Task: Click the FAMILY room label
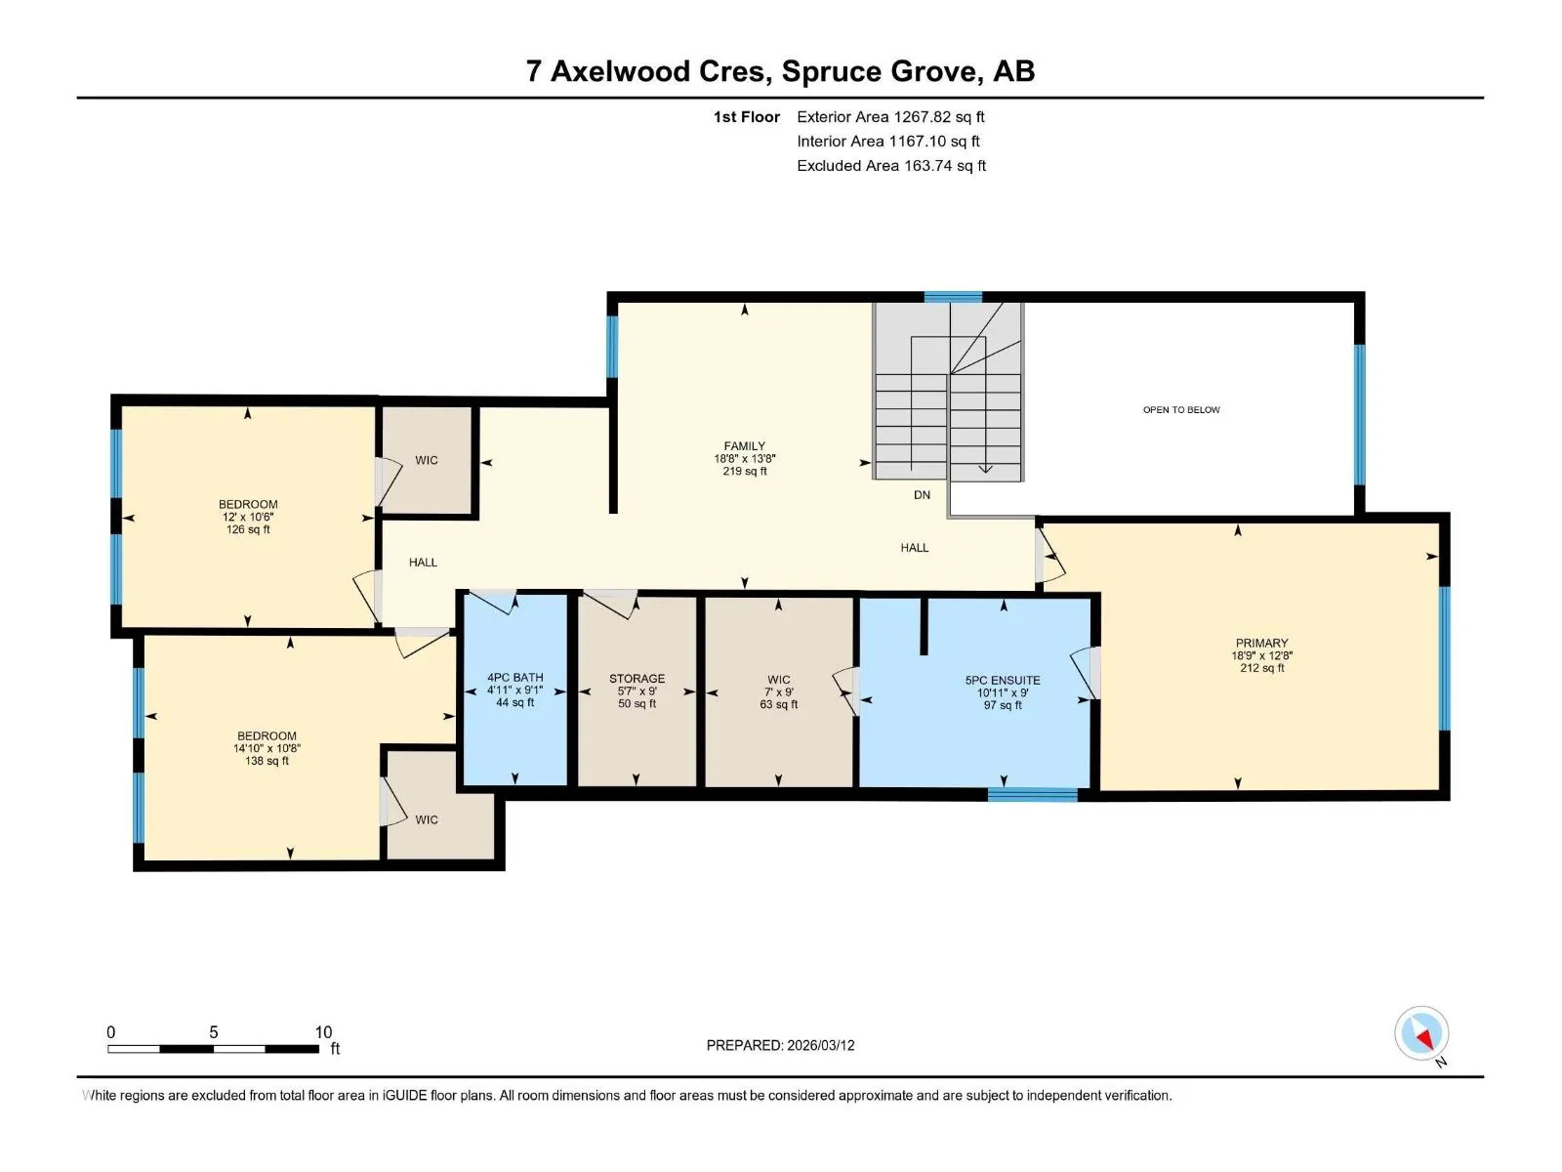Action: pos(744,446)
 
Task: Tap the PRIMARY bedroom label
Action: pos(1261,643)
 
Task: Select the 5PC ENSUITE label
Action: pos(1003,681)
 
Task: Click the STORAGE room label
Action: pos(637,679)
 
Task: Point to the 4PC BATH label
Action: pos(515,678)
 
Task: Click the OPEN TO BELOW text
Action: pos(1181,410)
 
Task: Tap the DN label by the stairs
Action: pos(923,494)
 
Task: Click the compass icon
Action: pos(1421,1033)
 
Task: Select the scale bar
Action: pos(214,1048)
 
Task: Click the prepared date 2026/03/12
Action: pos(820,1045)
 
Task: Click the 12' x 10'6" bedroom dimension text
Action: pos(248,517)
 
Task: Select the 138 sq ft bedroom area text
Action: pos(267,761)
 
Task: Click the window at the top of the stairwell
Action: pos(953,298)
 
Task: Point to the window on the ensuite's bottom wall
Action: pos(1033,795)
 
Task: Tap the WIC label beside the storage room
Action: pos(778,680)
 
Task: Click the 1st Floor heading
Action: pos(747,116)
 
